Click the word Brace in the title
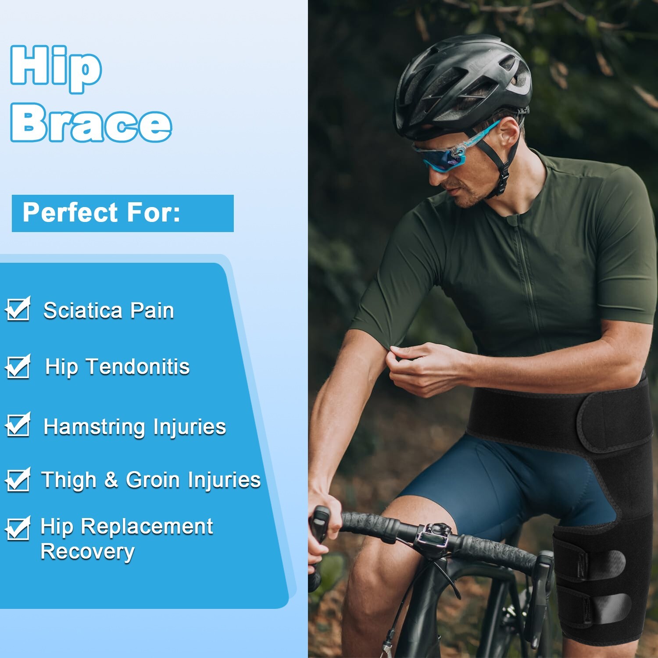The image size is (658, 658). coord(91,123)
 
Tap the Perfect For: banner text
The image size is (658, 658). coord(101,213)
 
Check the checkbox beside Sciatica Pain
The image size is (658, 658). coord(18,310)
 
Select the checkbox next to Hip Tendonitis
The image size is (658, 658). coord(18,367)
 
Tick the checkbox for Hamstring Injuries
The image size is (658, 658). coord(18,426)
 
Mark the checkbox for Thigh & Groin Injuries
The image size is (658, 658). coord(18,479)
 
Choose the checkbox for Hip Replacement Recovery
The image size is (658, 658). coord(18,529)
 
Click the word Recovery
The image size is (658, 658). coord(87,552)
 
